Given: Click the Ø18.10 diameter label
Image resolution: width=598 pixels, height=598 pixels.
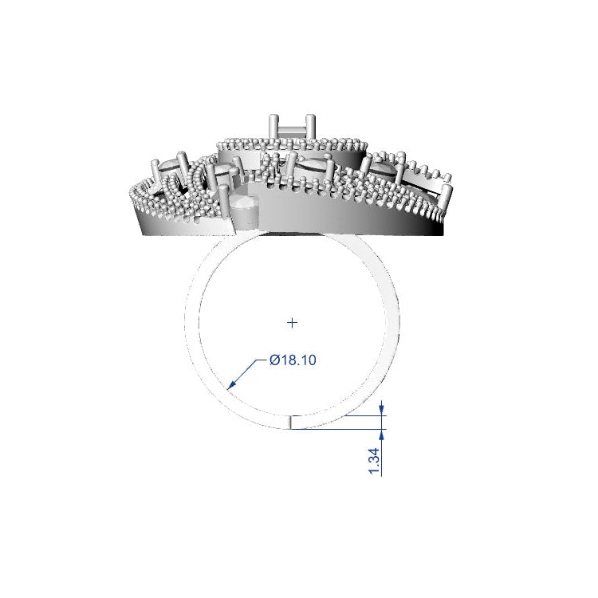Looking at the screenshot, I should (x=293, y=360).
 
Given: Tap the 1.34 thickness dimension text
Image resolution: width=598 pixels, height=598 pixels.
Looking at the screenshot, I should (x=373, y=461).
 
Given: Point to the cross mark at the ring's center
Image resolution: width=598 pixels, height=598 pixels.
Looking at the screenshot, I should (x=293, y=322).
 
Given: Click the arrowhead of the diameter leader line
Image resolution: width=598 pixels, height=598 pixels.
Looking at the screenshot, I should (x=231, y=387).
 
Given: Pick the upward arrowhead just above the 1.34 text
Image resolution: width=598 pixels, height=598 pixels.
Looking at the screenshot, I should (x=382, y=434).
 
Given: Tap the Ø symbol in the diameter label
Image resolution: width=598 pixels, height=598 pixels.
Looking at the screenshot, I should (x=274, y=360).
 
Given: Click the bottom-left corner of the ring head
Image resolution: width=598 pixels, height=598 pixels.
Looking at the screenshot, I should (x=142, y=234).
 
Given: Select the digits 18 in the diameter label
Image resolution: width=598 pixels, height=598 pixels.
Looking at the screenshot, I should (x=289, y=360).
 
